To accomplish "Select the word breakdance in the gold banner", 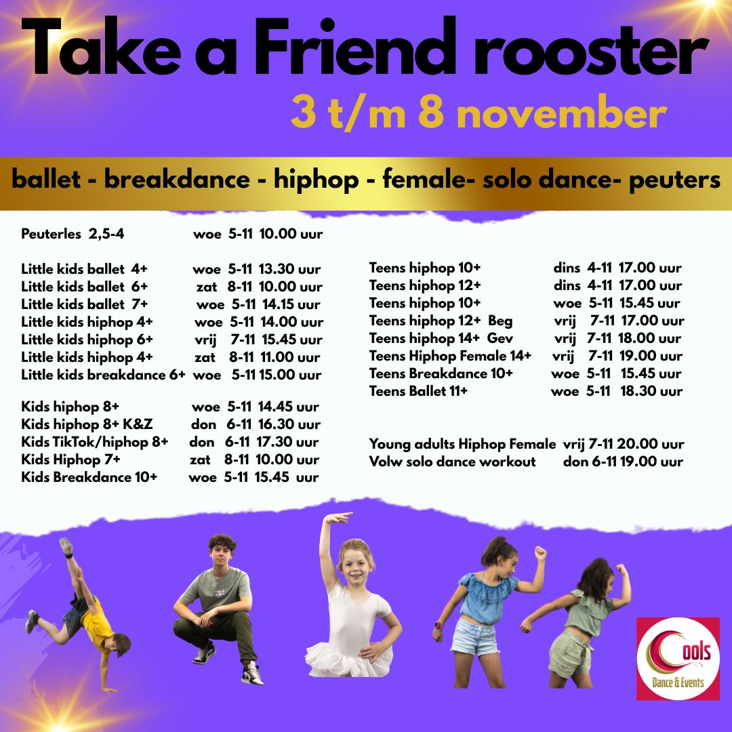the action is pyautogui.click(x=177, y=180).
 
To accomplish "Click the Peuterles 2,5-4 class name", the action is pyautogui.click(x=73, y=234).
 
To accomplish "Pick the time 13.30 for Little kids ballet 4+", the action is pyautogui.click(x=277, y=269).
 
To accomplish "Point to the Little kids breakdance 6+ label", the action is pyautogui.click(x=103, y=375).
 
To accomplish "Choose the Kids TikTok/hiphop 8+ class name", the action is pyautogui.click(x=94, y=442).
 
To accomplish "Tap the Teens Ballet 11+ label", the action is pyautogui.click(x=418, y=391).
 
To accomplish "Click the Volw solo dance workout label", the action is pyautogui.click(x=452, y=462).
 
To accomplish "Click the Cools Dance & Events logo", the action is pyautogui.click(x=678, y=659).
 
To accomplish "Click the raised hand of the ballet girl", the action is pyautogui.click(x=338, y=518).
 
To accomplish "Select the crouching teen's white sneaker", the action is pyautogui.click(x=252, y=674).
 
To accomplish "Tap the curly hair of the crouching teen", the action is pyautogui.click(x=222, y=543).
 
